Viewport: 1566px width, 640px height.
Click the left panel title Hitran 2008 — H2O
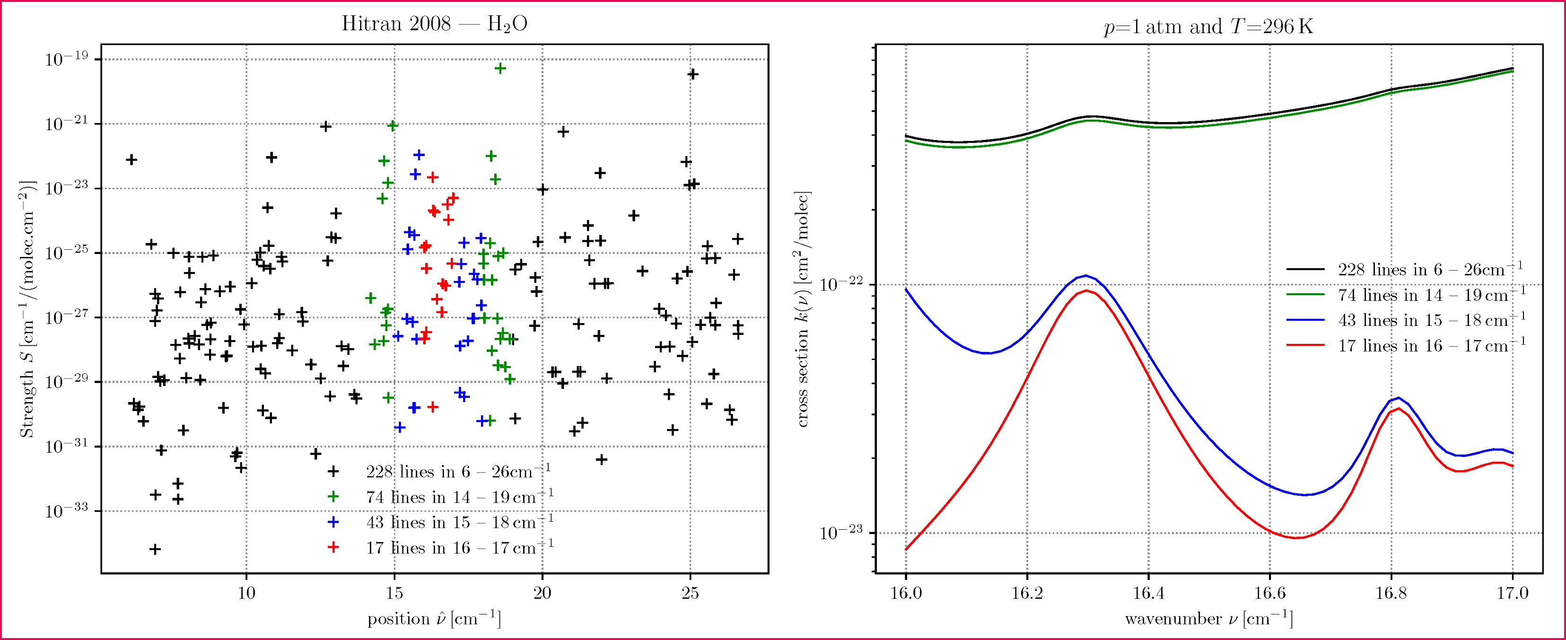(434, 24)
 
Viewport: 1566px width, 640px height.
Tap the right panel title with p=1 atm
(1208, 27)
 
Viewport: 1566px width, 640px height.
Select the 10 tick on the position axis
(246, 593)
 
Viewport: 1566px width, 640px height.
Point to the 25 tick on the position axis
(690, 593)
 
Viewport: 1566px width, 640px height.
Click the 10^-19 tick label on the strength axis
(66, 59)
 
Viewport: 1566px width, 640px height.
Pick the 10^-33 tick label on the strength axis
(66, 510)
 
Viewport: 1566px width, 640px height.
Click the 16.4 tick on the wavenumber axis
(1148, 593)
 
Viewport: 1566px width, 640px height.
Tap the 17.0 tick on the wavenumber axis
(1513, 593)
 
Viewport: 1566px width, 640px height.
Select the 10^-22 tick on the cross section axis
(841, 284)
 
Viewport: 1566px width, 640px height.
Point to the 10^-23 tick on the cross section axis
(841, 533)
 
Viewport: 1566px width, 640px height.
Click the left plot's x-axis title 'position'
(434, 619)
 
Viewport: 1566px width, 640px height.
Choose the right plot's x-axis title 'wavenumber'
(1208, 619)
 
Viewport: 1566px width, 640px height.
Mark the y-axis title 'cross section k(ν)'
(803, 309)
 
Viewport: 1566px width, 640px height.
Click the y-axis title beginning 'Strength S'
(27, 309)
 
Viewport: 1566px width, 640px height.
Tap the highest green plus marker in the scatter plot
(500, 68)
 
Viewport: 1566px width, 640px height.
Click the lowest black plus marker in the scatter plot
(155, 549)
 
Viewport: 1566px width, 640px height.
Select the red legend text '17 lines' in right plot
(1431, 346)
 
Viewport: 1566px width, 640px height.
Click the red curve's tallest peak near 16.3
(1086, 290)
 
